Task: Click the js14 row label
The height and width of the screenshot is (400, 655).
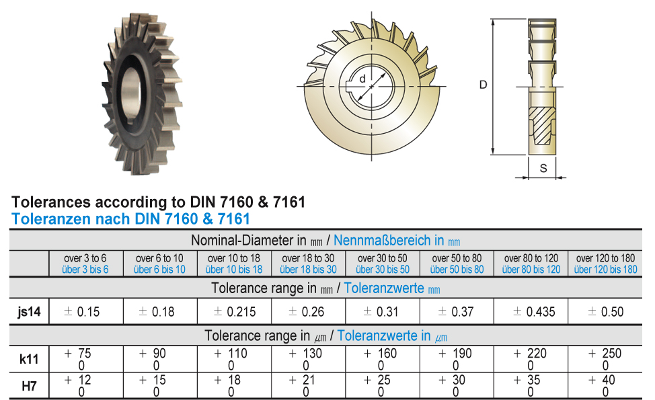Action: tap(29, 311)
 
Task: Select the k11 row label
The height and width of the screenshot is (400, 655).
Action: tap(29, 359)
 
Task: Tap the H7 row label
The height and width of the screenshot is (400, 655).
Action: tap(29, 386)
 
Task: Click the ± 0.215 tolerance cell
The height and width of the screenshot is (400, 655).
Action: tap(234, 311)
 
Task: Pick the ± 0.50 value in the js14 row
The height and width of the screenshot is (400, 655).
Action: tap(605, 311)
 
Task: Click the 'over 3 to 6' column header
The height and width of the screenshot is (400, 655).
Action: tap(85, 258)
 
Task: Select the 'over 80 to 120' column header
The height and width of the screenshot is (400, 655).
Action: tap(531, 258)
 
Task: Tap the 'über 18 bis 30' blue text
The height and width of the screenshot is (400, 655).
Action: tap(308, 270)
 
